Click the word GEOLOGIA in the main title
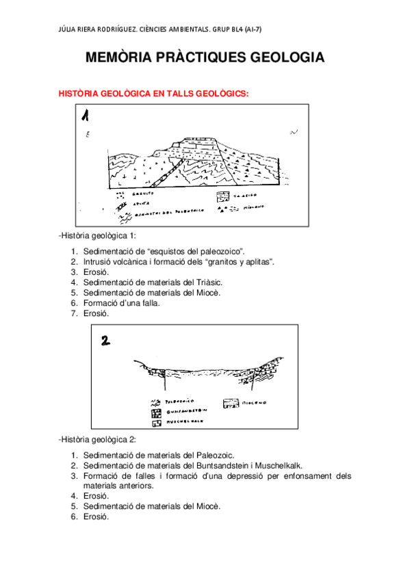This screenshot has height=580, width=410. coord(282,59)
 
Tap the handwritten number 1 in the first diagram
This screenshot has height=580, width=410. coord(87,117)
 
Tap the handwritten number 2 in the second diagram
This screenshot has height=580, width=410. coord(106,340)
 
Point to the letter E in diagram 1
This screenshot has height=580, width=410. coord(87,135)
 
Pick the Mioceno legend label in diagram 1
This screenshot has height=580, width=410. coord(252,206)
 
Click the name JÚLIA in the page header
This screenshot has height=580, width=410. coord(71,29)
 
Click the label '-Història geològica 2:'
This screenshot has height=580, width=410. coord(98,439)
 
